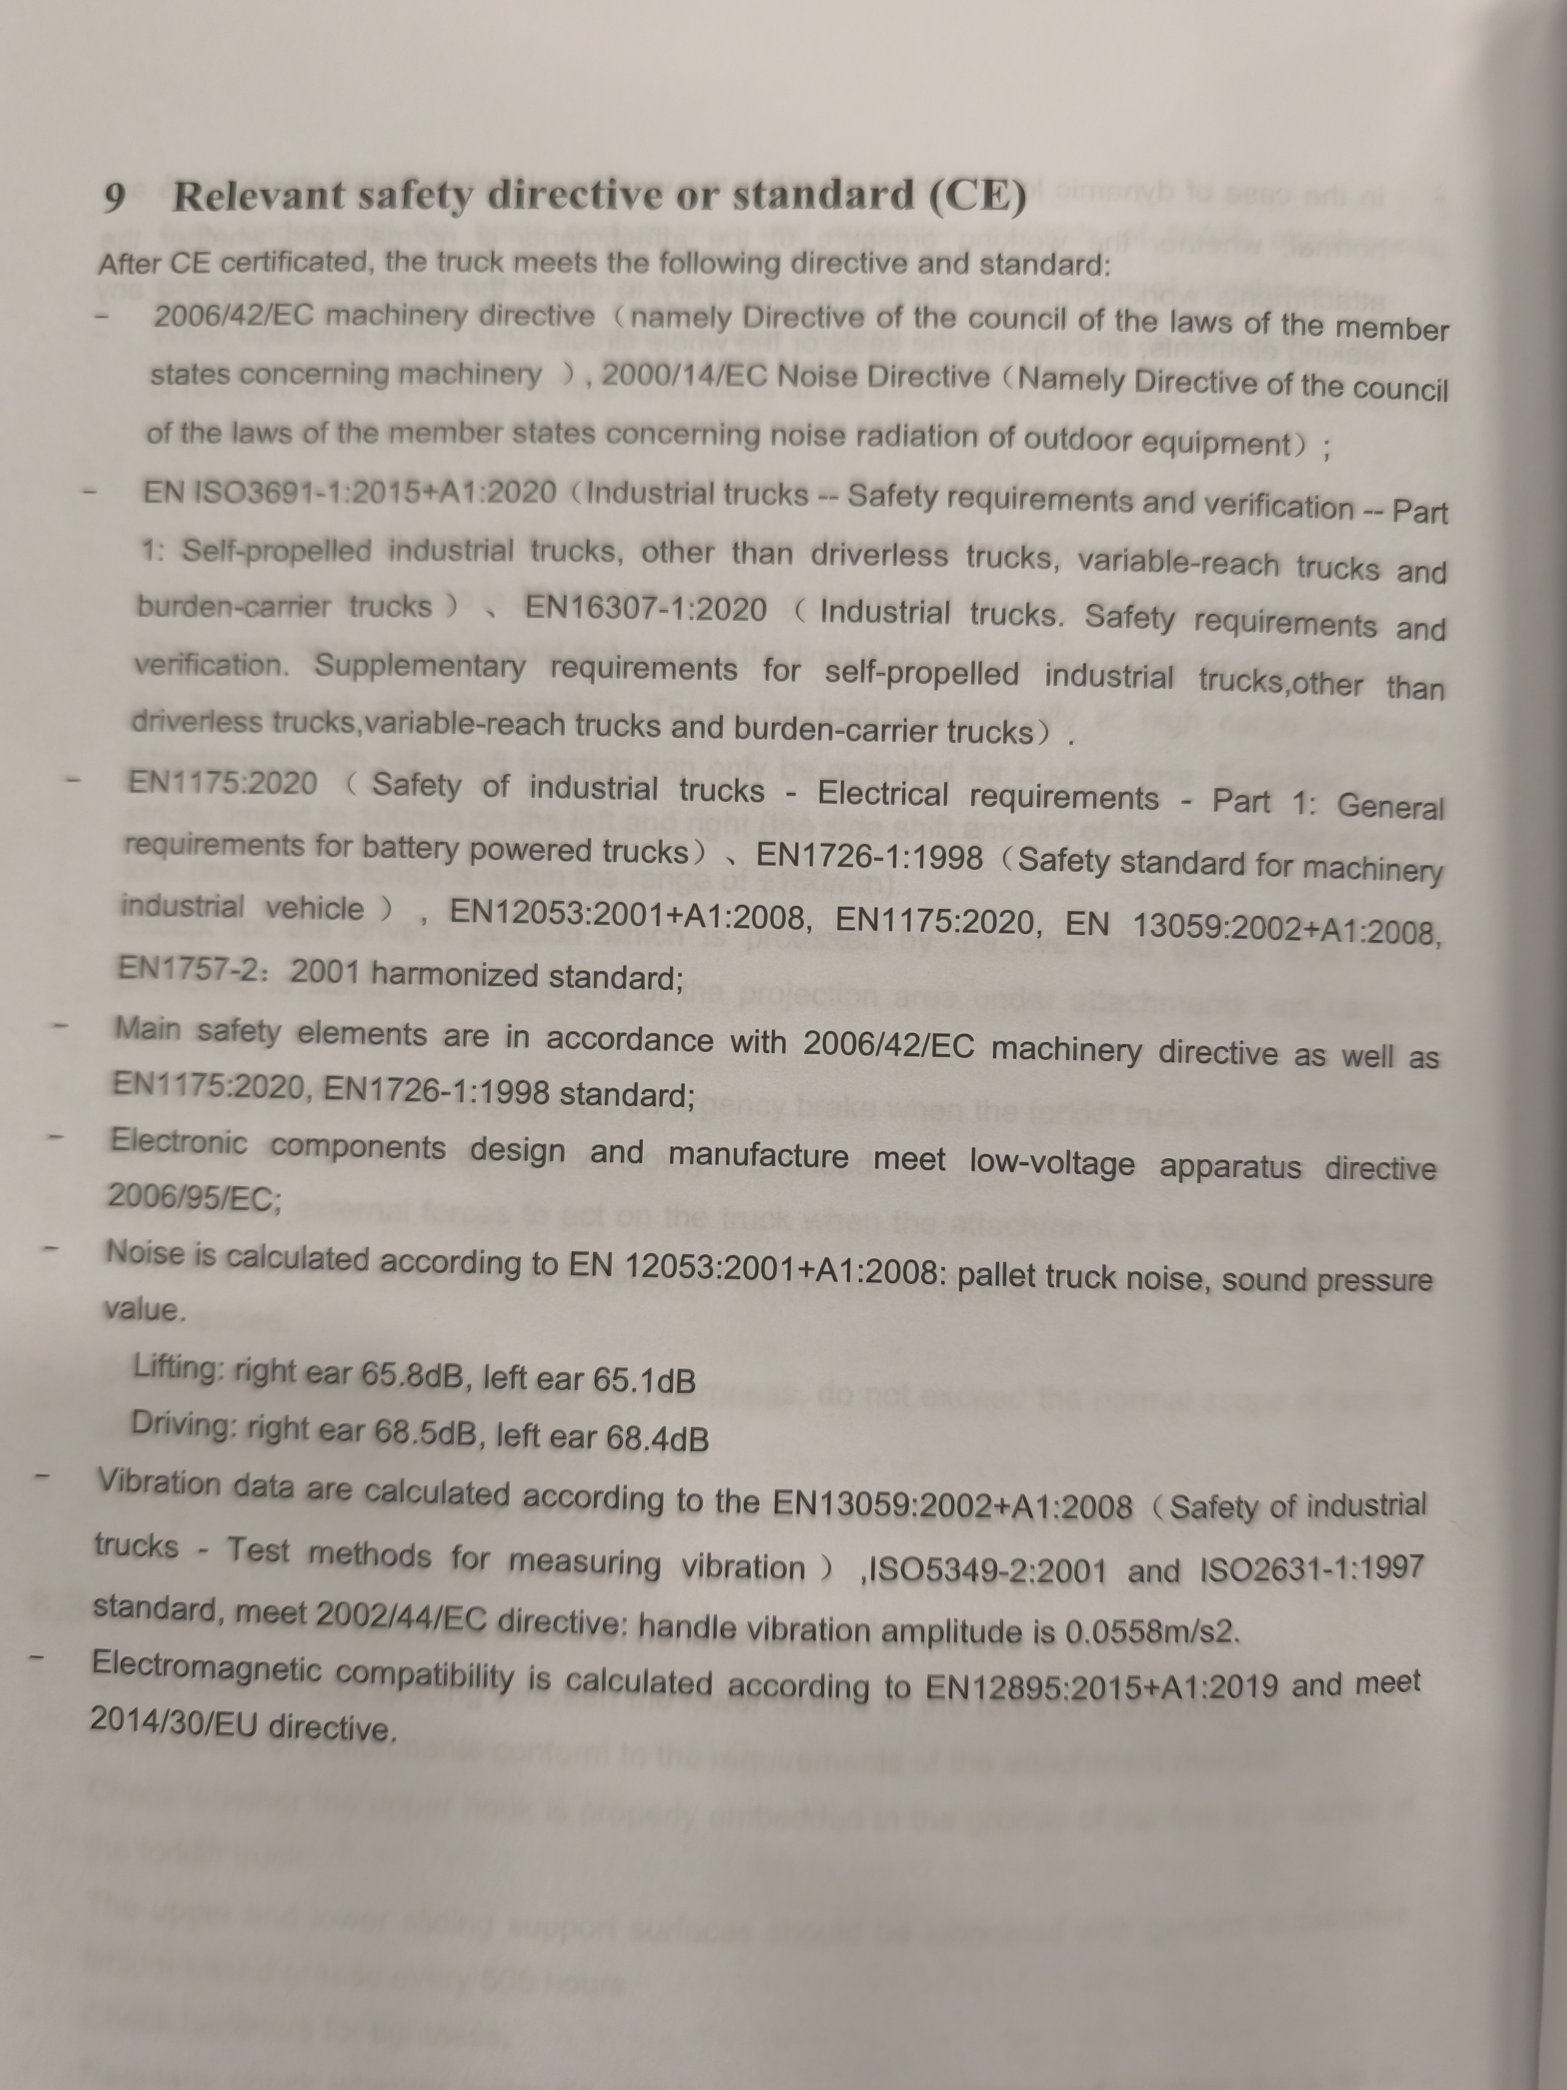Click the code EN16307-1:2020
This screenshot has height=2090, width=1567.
click(645, 609)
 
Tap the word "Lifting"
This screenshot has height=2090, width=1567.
click(175, 1367)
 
